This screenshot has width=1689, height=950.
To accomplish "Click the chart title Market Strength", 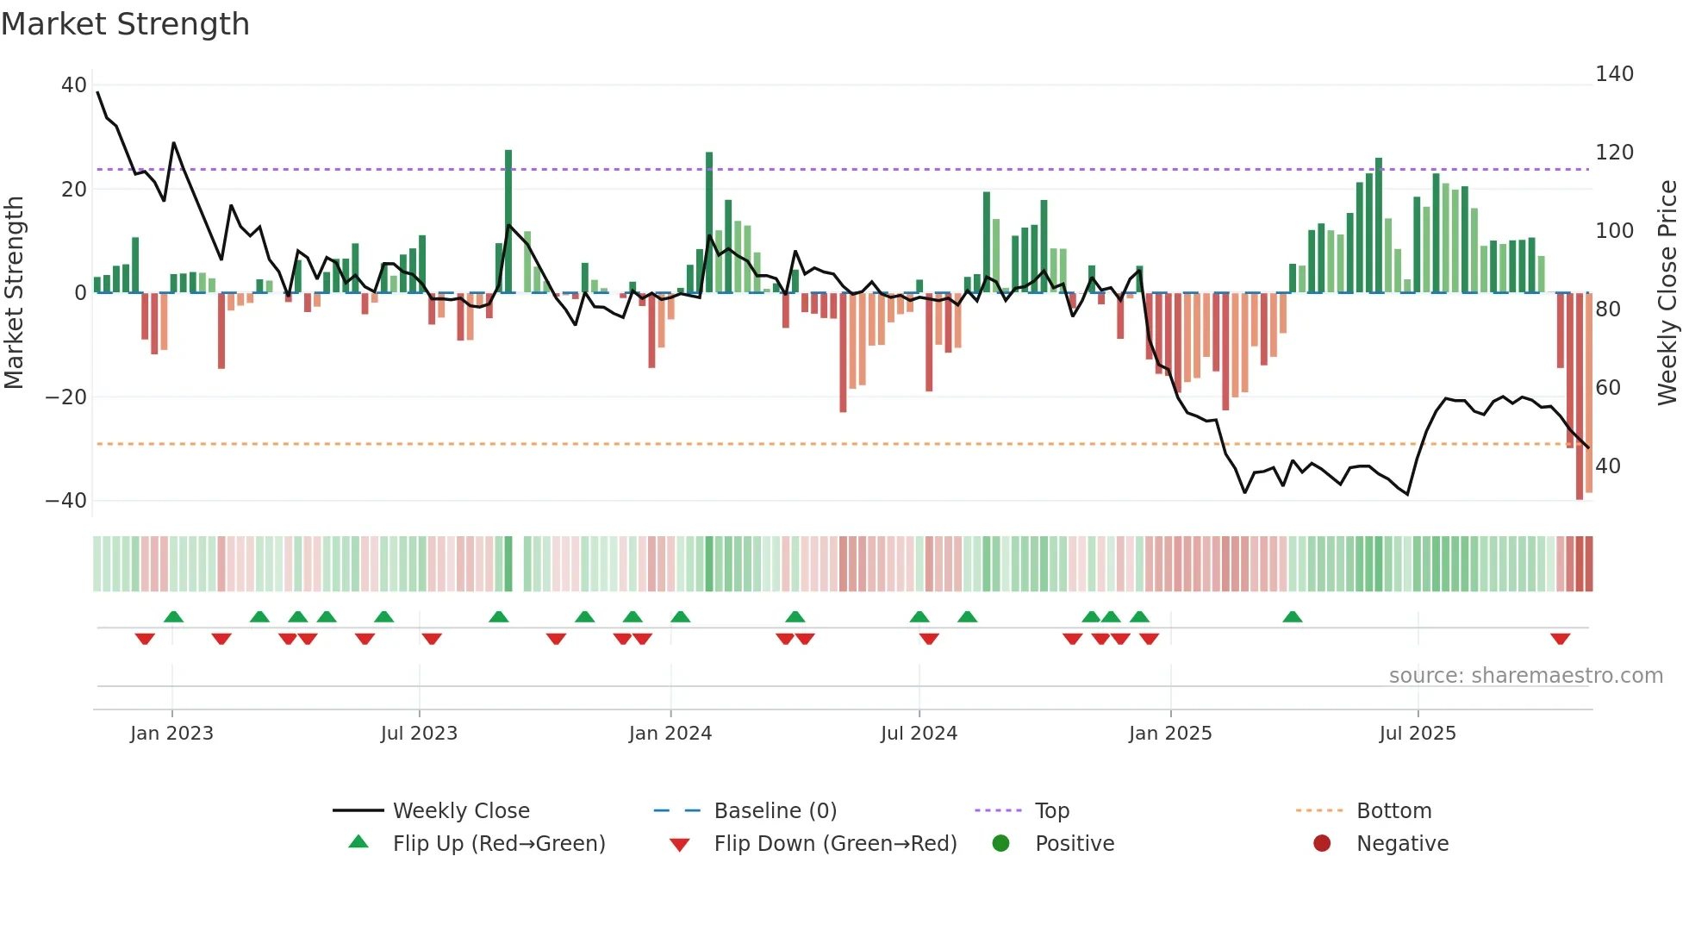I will click(125, 24).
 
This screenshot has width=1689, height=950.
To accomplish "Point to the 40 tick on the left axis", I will click(74, 85).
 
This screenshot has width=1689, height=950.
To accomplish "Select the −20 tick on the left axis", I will click(66, 397).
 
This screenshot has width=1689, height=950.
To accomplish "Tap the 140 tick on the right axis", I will click(1614, 74).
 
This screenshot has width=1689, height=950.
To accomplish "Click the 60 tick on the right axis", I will click(1608, 388).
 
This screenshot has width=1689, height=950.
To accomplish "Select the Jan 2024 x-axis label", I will click(670, 734).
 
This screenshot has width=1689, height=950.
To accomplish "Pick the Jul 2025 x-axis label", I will click(1418, 734).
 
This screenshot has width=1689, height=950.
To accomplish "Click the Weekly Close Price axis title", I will click(1668, 293).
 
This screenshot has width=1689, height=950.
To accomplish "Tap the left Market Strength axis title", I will click(14, 293).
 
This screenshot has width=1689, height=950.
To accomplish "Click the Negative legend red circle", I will click(1322, 844).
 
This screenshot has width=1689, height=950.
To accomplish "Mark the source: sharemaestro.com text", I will click(1525, 676).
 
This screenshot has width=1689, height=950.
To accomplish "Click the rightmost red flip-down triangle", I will click(1560, 639).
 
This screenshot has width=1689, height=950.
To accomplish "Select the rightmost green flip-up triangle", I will click(1292, 616).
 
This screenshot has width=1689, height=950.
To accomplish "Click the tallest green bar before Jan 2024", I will click(508, 222).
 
